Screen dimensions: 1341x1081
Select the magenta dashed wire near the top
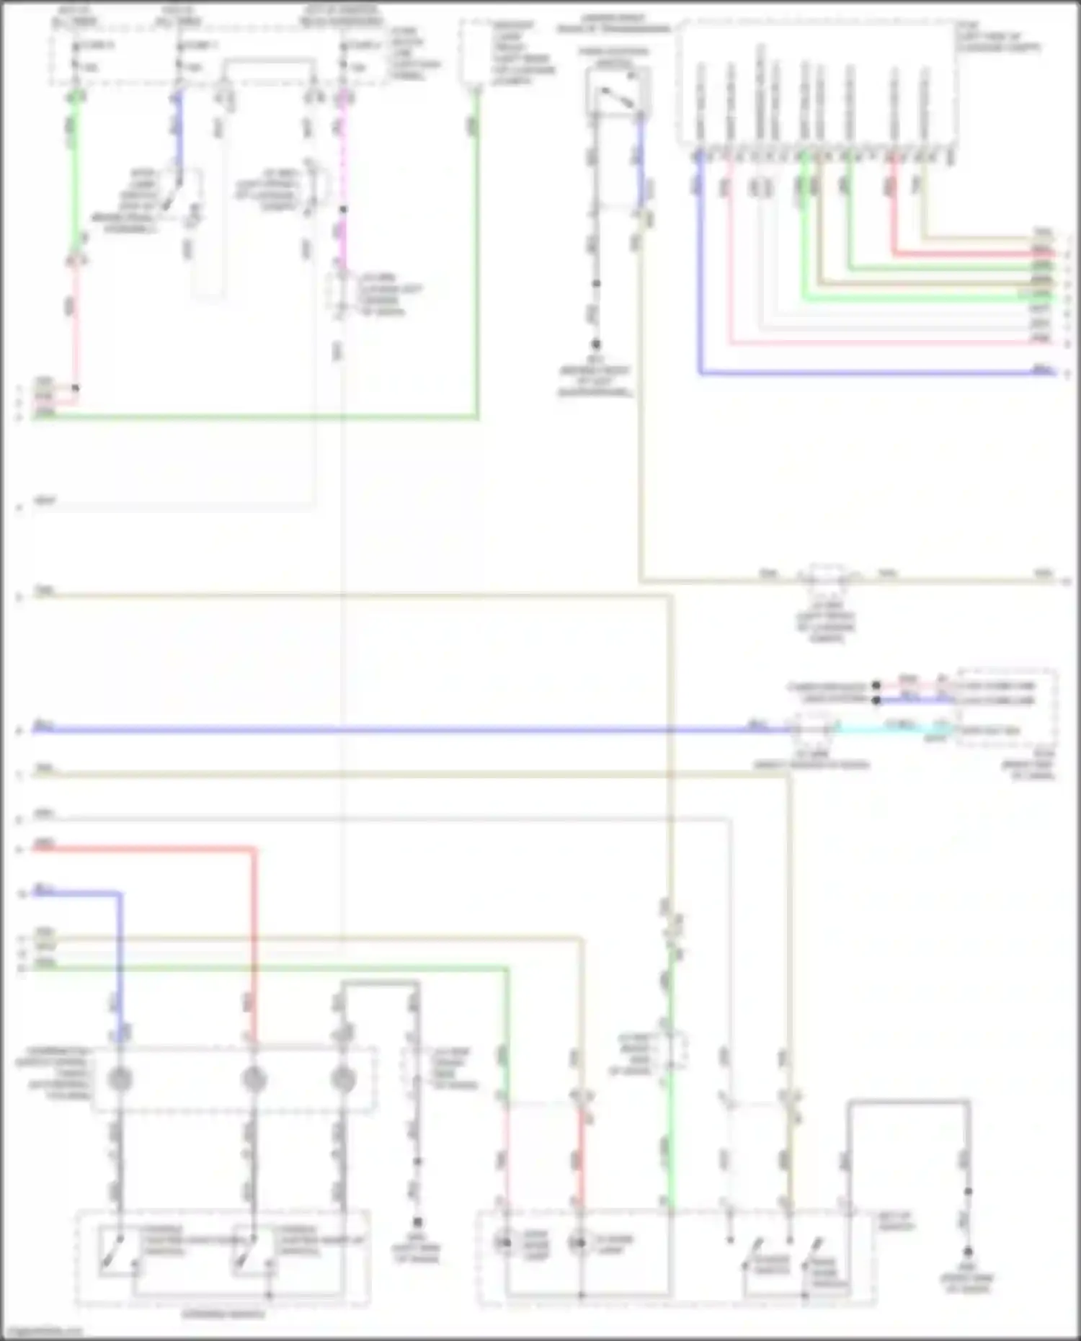point(342,159)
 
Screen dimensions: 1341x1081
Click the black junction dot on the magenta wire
point(343,210)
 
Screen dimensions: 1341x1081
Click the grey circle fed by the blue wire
point(120,1079)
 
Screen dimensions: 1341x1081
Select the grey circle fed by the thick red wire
point(253,1079)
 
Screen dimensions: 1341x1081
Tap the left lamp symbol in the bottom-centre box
point(504,1242)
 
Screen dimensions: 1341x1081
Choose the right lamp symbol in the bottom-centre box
point(579,1242)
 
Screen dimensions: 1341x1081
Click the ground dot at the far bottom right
point(968,1252)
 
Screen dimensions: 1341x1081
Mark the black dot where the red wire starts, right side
point(876,685)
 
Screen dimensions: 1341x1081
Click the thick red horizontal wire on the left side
point(144,850)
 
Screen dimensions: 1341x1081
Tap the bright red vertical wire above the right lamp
point(581,1153)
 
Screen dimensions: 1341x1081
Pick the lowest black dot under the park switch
point(596,344)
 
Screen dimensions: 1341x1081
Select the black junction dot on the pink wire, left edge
point(75,388)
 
